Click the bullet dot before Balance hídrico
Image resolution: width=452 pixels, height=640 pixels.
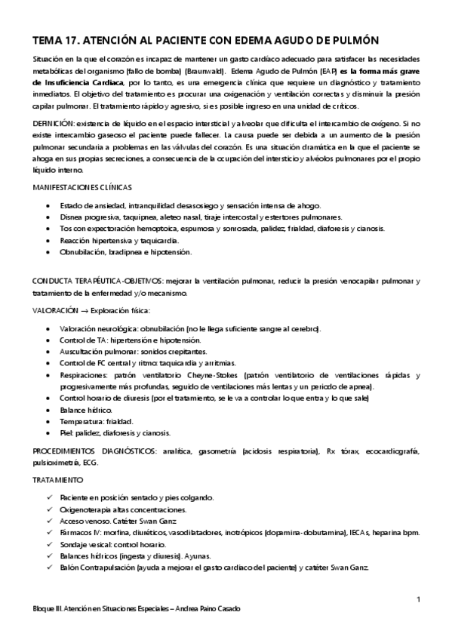49,411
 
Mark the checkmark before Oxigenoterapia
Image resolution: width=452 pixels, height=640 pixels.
49,510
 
